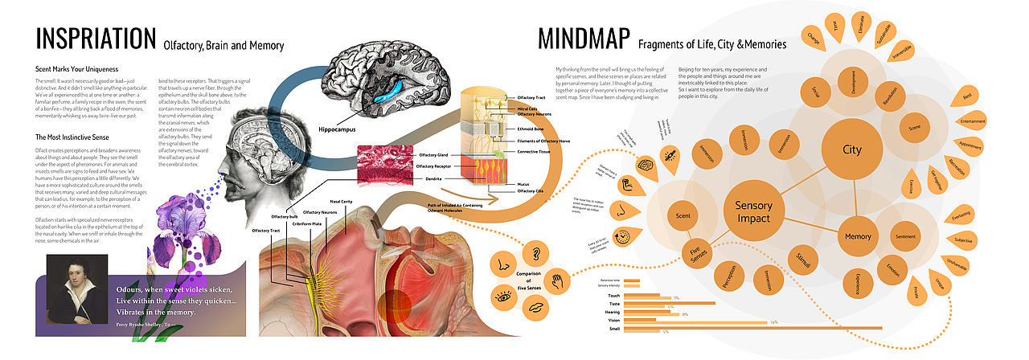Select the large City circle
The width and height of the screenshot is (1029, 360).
[x=852, y=150]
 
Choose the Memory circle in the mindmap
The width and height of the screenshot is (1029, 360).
[x=858, y=237]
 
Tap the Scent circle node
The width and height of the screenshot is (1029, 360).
[x=683, y=216]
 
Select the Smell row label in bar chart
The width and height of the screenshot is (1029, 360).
[x=614, y=329]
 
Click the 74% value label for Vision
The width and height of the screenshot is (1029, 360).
[x=773, y=322]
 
